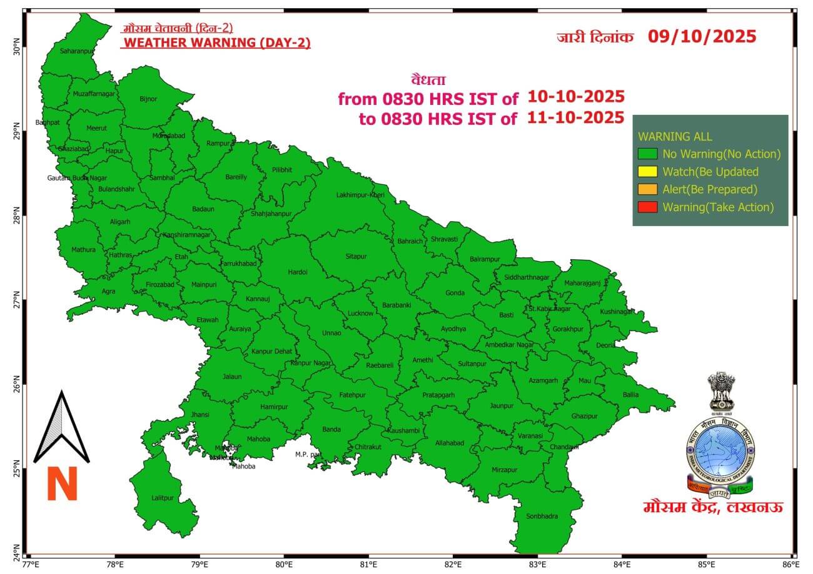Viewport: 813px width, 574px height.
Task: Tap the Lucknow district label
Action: [360, 313]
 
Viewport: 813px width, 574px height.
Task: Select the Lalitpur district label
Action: [163, 498]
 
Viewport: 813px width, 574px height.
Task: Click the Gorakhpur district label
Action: [568, 329]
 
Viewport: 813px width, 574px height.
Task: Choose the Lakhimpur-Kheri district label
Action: [360, 195]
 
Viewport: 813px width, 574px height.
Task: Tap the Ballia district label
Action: [630, 394]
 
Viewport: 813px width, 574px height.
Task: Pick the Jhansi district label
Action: [200, 414]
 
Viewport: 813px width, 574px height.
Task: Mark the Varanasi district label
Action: [530, 435]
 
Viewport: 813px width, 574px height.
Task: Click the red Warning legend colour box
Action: [647, 207]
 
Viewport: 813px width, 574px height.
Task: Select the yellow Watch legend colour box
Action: [647, 172]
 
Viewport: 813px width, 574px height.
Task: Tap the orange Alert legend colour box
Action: [647, 189]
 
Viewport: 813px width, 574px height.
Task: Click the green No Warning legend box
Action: [647, 154]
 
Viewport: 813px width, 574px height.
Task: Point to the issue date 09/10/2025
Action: [702, 36]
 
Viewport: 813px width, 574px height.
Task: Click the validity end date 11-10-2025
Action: [575, 117]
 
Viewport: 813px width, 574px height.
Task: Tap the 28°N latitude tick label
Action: [17, 218]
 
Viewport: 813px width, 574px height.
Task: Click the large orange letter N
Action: [62, 484]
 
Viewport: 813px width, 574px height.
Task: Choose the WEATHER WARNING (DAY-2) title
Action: [216, 42]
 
